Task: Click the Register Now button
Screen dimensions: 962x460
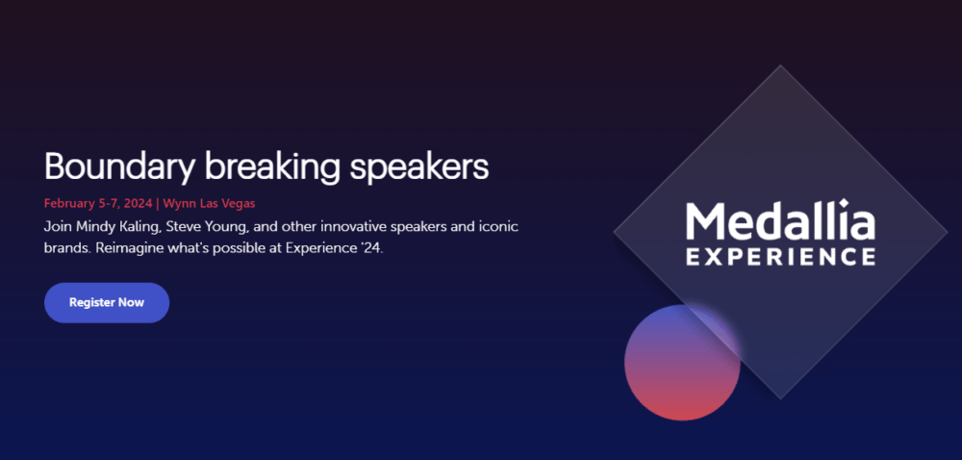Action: (107, 302)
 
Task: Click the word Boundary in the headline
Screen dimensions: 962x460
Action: (118, 166)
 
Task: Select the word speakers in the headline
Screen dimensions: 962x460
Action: (420, 166)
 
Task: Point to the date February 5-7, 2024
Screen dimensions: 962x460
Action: (98, 203)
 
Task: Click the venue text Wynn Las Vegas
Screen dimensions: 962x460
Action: (209, 203)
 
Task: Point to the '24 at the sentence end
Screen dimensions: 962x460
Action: (373, 250)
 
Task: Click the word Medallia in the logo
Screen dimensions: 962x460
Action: (780, 219)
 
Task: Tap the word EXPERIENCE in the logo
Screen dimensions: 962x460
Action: (780, 256)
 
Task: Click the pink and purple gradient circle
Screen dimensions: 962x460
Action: (682, 363)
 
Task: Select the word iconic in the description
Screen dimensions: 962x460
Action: (502, 227)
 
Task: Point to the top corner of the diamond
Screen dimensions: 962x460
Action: (780, 65)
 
